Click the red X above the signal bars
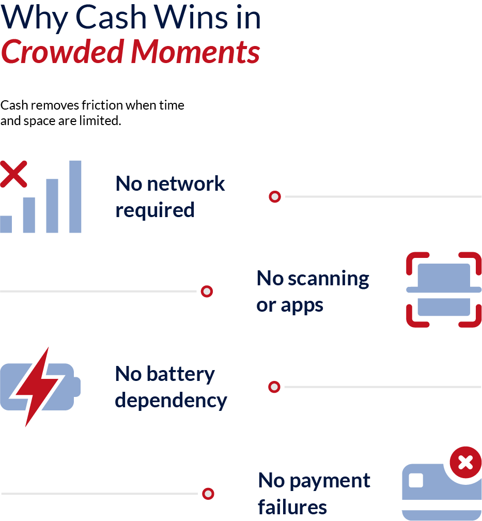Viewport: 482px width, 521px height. point(13,174)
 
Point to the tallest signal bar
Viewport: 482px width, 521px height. point(75,196)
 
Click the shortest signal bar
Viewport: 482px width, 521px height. point(6,224)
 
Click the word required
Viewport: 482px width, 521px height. point(155,210)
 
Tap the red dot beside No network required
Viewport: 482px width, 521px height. point(275,197)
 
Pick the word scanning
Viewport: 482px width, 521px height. point(328,279)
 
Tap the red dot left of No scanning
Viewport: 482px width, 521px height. point(207,292)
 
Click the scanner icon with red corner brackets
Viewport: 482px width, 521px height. point(444,289)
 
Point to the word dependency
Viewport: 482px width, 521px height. point(171,401)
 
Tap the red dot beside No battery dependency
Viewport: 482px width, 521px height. point(274,387)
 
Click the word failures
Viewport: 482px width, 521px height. point(292,507)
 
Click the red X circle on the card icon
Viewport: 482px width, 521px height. point(465,462)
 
